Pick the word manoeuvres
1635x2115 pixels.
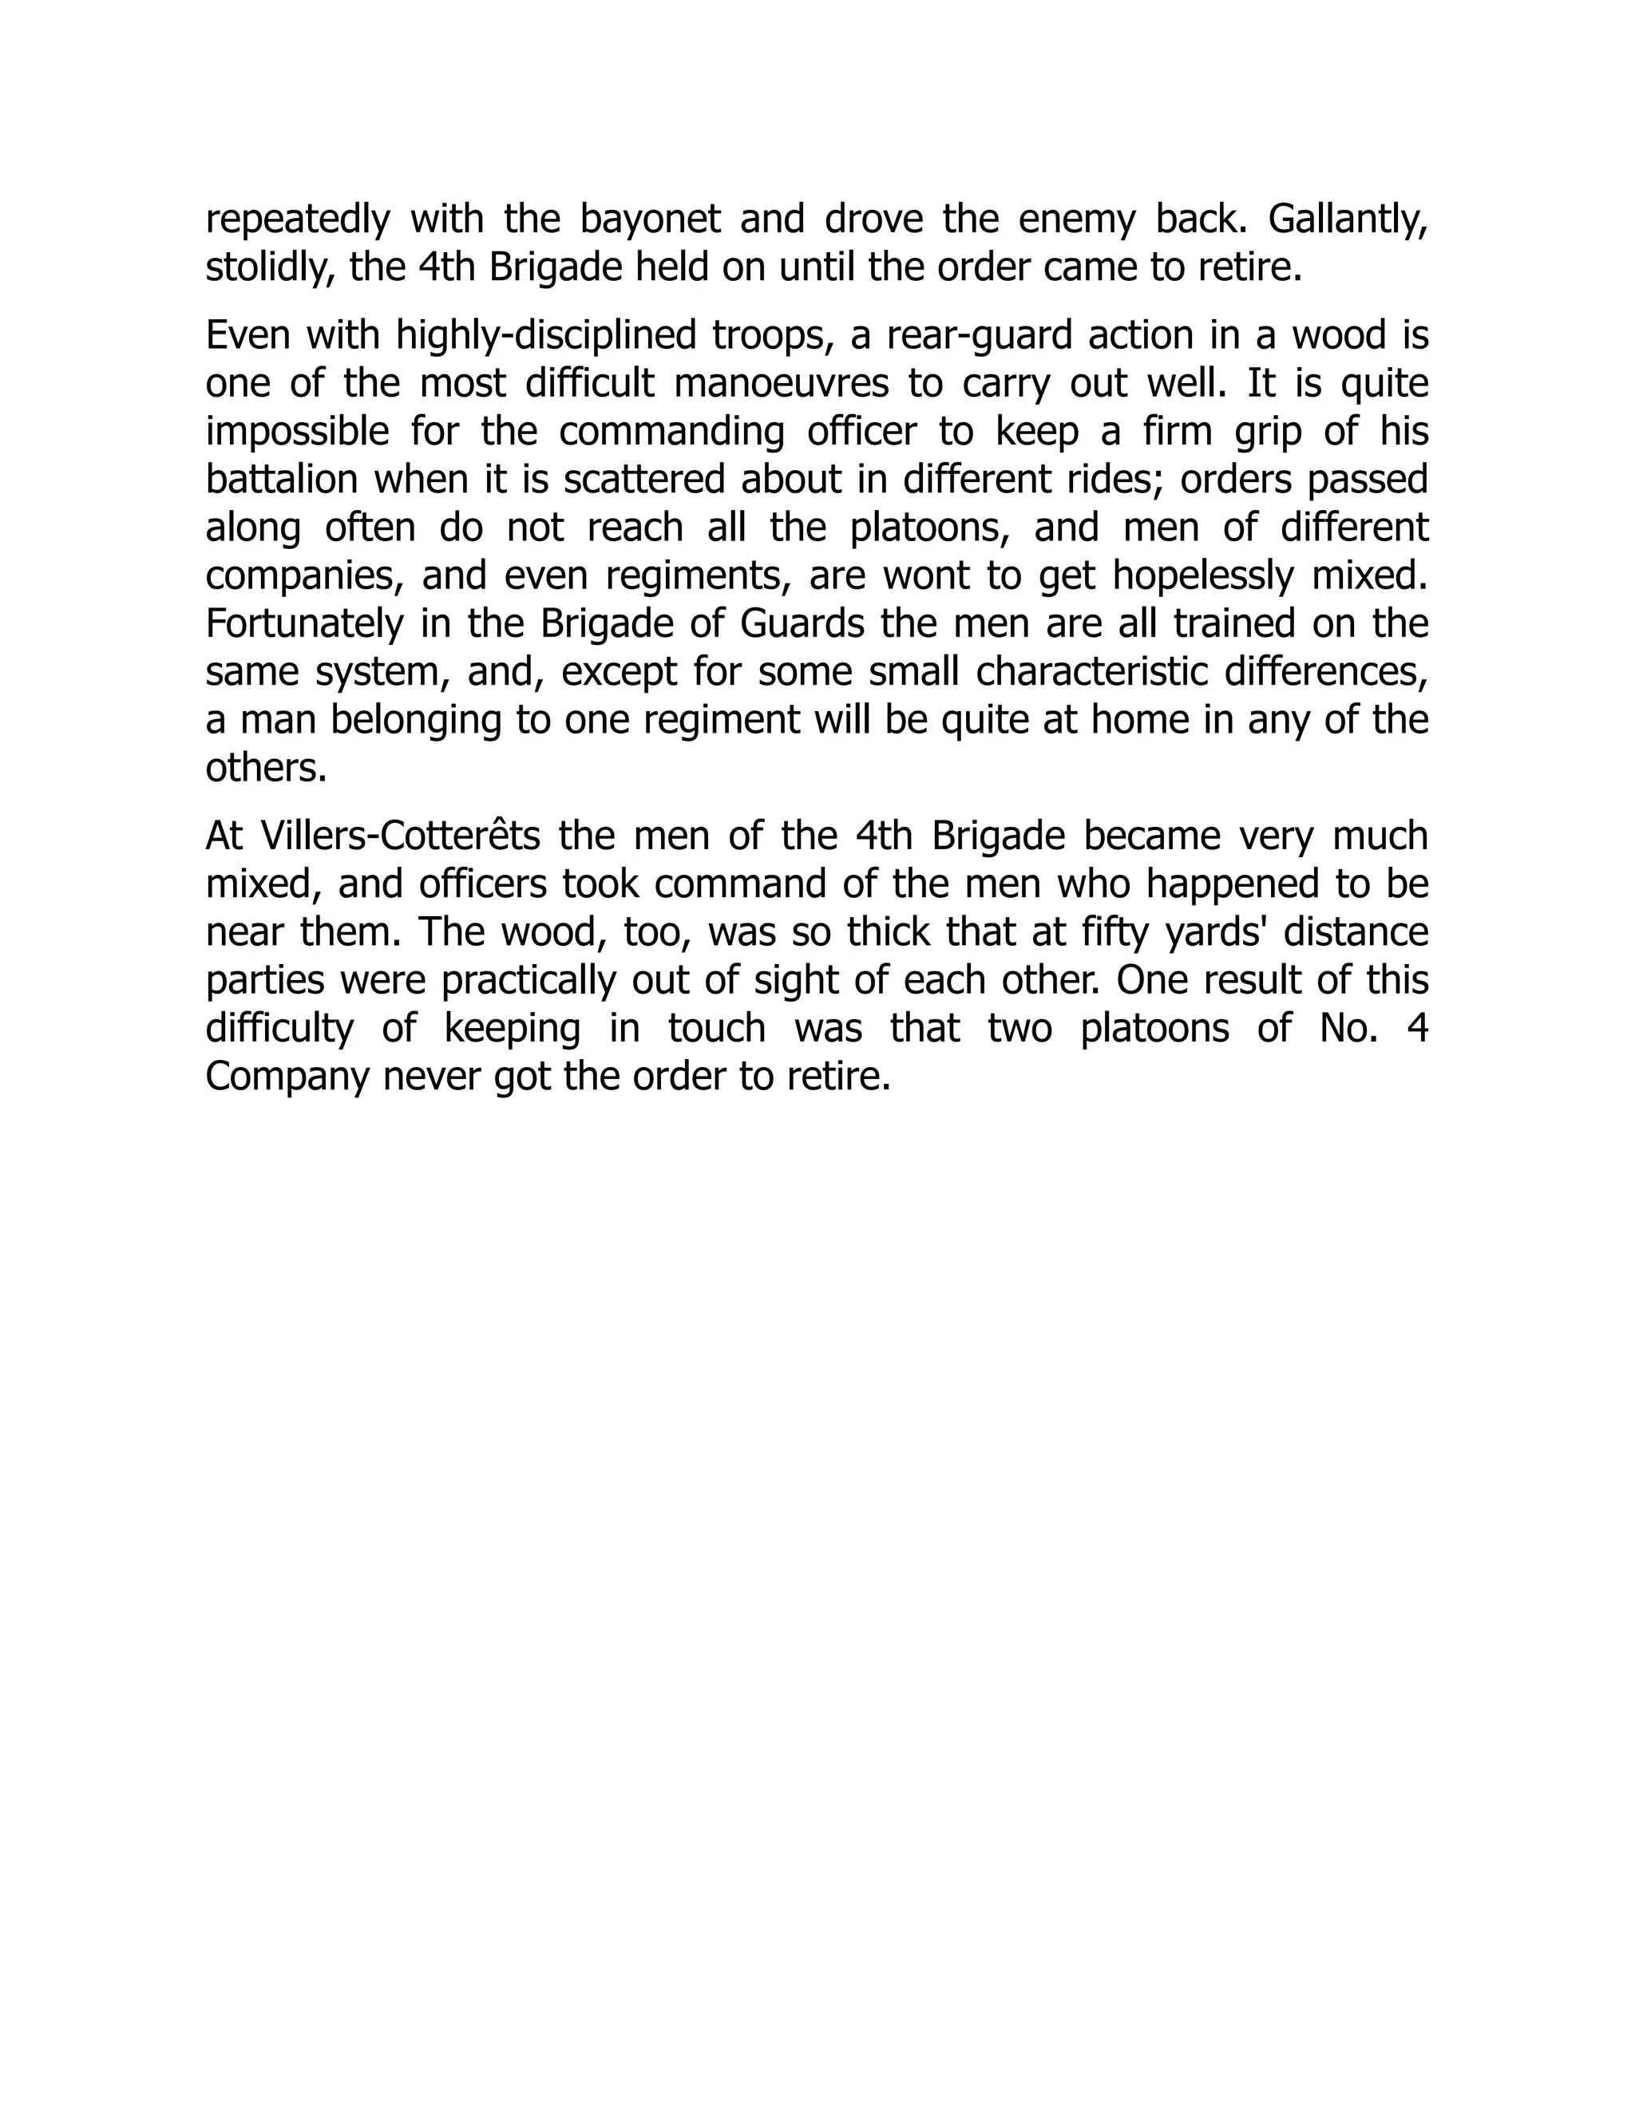tap(781, 383)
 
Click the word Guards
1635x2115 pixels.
tap(802, 623)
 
